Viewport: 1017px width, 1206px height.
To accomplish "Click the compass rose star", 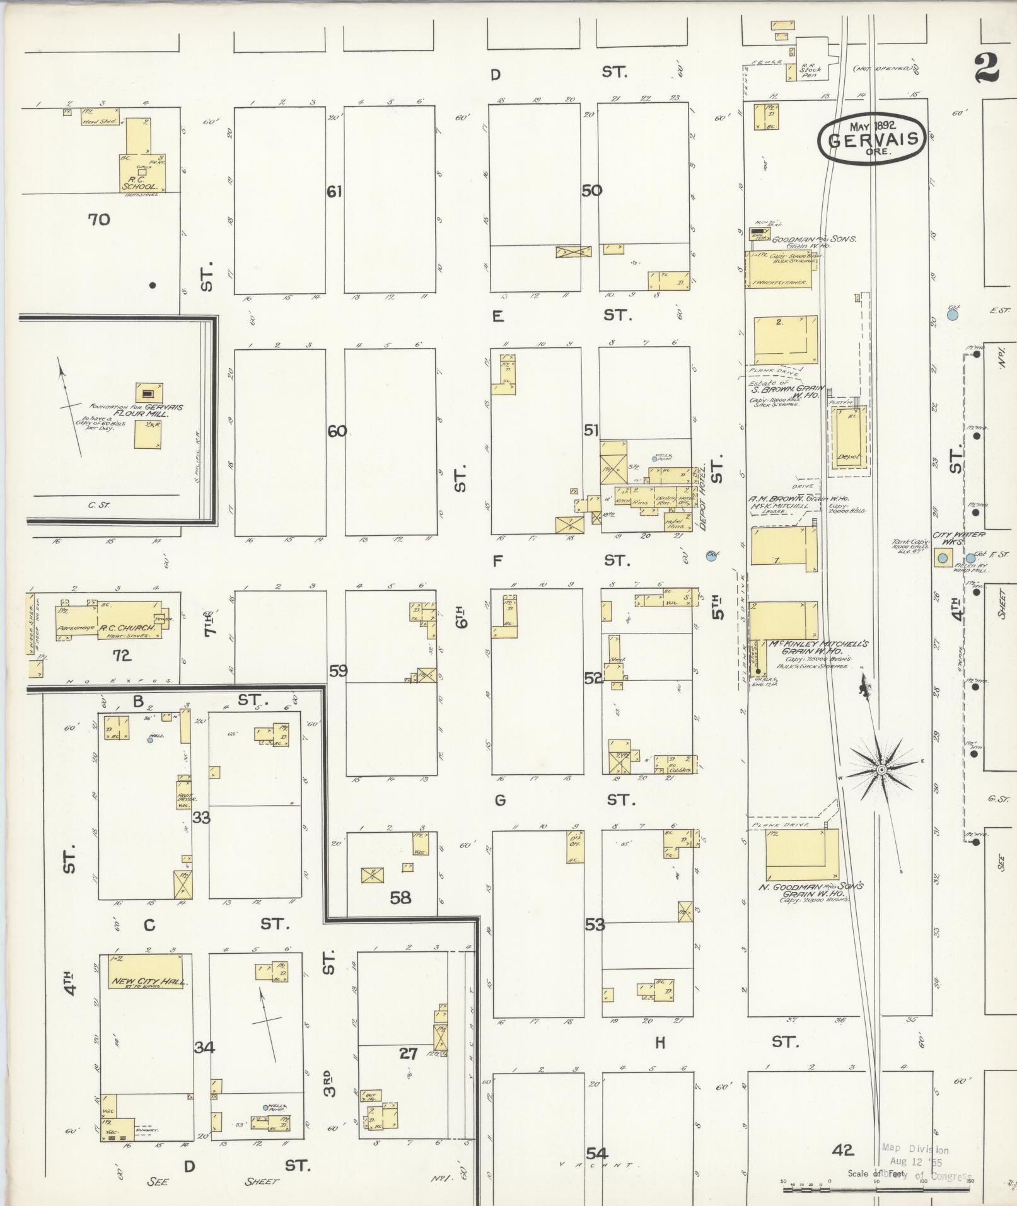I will tap(881, 770).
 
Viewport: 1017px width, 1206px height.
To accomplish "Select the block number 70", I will tap(99, 219).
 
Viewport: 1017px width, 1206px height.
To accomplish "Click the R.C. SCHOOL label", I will tap(139, 187).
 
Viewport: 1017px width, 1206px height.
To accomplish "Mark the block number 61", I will tap(334, 191).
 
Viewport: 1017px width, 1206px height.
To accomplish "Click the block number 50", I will tap(591, 190).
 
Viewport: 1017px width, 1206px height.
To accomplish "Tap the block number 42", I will tap(842, 1151).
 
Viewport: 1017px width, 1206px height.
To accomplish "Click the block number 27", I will tap(408, 1052).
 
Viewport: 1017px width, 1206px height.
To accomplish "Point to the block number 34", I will tap(204, 1047).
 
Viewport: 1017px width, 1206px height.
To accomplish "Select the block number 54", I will tap(596, 1153).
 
